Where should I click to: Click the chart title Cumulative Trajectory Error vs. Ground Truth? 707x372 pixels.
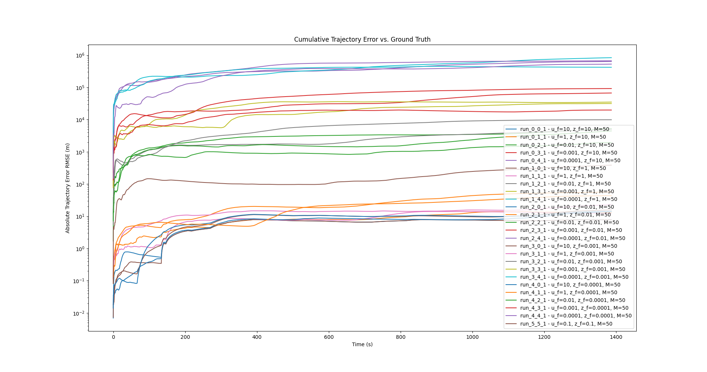click(x=362, y=39)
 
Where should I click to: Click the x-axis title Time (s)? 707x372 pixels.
click(x=362, y=344)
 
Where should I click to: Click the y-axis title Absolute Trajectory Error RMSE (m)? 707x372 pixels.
click(x=68, y=188)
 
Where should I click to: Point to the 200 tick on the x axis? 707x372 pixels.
click(x=185, y=337)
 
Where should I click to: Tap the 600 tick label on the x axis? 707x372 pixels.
click(x=328, y=337)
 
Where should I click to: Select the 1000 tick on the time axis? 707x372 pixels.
click(x=472, y=337)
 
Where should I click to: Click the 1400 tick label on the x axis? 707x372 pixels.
click(x=616, y=337)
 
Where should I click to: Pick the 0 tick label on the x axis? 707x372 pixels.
click(x=113, y=337)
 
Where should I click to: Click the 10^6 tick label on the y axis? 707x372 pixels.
click(x=80, y=55)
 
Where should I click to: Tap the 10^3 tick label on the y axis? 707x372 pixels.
click(x=80, y=152)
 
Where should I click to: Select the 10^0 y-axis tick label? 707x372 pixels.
click(x=80, y=249)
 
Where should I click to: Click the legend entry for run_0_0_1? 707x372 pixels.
click(x=564, y=129)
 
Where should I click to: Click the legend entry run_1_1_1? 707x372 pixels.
click(x=561, y=176)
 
